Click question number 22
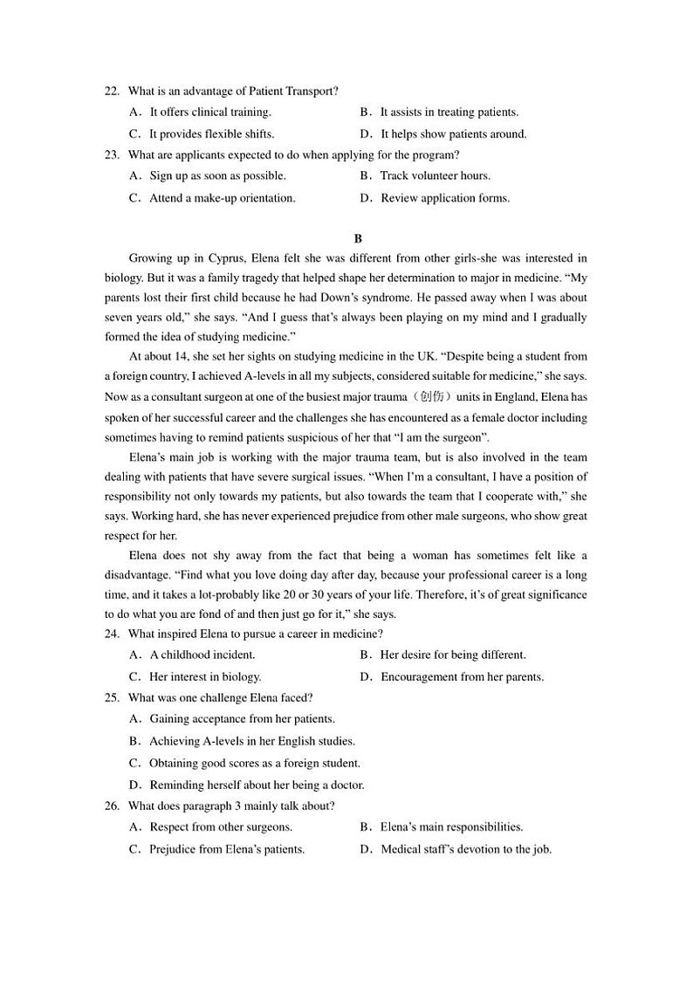click(111, 91)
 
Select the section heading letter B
click(358, 238)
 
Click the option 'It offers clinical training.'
click(209, 112)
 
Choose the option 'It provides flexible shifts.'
click(211, 134)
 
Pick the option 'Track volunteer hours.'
click(435, 175)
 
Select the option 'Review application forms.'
click(444, 198)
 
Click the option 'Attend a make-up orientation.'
click(222, 198)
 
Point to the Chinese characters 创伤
click(432, 397)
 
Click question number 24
click(111, 634)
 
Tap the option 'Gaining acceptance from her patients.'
click(242, 719)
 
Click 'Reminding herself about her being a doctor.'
click(257, 785)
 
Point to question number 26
click(111, 806)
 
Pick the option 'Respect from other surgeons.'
click(221, 827)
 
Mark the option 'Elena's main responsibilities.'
click(451, 827)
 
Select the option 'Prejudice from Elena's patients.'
click(226, 849)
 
